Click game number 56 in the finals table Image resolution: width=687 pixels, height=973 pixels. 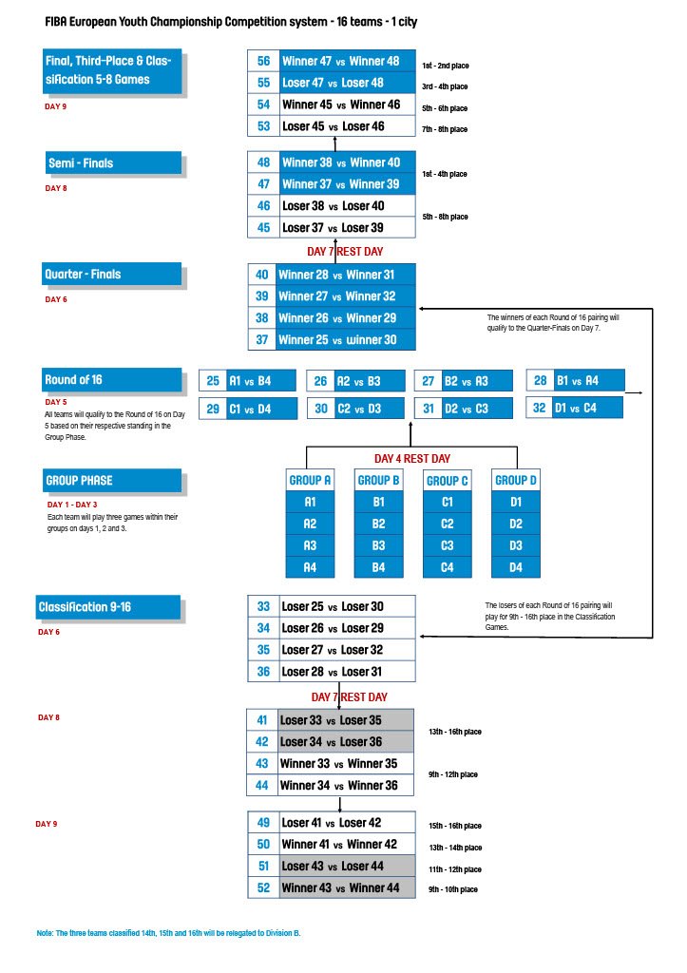(263, 62)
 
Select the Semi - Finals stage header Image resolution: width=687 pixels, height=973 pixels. (114, 163)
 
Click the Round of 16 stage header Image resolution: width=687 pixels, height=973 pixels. (111, 380)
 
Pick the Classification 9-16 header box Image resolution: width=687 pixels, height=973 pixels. (108, 606)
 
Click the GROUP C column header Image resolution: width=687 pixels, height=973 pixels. (448, 481)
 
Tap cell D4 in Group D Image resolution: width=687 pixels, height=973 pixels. (516, 568)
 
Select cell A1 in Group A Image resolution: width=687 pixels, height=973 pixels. (310, 502)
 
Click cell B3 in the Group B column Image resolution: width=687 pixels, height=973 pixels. (378, 546)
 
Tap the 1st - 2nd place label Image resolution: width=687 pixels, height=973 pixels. (445, 66)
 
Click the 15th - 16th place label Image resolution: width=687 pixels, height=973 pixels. (454, 826)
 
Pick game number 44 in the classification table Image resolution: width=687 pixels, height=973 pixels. (263, 785)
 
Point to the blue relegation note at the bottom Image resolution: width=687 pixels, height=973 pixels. (169, 934)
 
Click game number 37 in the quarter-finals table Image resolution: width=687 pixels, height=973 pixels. (262, 339)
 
